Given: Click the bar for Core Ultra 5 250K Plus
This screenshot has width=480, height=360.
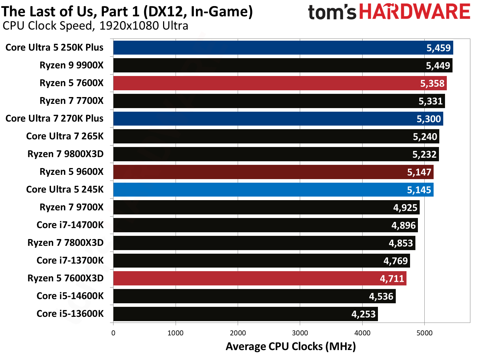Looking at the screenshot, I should [283, 48].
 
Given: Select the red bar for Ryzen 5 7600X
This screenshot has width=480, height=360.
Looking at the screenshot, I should [280, 83].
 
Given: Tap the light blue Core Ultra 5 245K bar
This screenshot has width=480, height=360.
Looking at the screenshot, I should [273, 190].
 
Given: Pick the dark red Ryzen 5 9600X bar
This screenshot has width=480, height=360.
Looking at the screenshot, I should [273, 172].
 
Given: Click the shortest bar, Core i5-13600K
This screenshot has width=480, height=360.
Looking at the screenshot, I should [246, 314].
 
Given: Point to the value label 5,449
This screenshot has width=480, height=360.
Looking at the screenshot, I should [438, 66].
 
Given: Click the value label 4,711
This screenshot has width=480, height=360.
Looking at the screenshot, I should [392, 279].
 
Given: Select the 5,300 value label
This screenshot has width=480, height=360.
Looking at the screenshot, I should [429, 119].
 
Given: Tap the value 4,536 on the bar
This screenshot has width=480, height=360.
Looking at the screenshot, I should [381, 296].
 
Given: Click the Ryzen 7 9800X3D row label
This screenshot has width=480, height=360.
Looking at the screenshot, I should [65, 154].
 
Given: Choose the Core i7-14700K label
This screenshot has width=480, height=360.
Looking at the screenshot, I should [70, 225].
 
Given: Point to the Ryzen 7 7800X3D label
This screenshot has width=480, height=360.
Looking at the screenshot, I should [65, 243].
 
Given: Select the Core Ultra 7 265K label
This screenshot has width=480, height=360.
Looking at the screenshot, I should [65, 136].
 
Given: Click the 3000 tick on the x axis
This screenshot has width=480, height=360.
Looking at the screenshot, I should [300, 333].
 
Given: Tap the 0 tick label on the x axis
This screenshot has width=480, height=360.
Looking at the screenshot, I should [113, 333].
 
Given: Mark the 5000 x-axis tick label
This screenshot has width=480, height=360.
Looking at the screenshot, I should [424, 333].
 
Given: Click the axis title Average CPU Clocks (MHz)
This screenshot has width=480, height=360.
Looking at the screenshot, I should [290, 346].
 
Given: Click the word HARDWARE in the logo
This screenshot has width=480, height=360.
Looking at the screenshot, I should [414, 12].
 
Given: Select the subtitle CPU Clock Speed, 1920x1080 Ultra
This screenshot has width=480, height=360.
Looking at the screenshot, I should [95, 26].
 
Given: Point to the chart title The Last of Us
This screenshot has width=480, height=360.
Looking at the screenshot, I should [127, 11].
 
